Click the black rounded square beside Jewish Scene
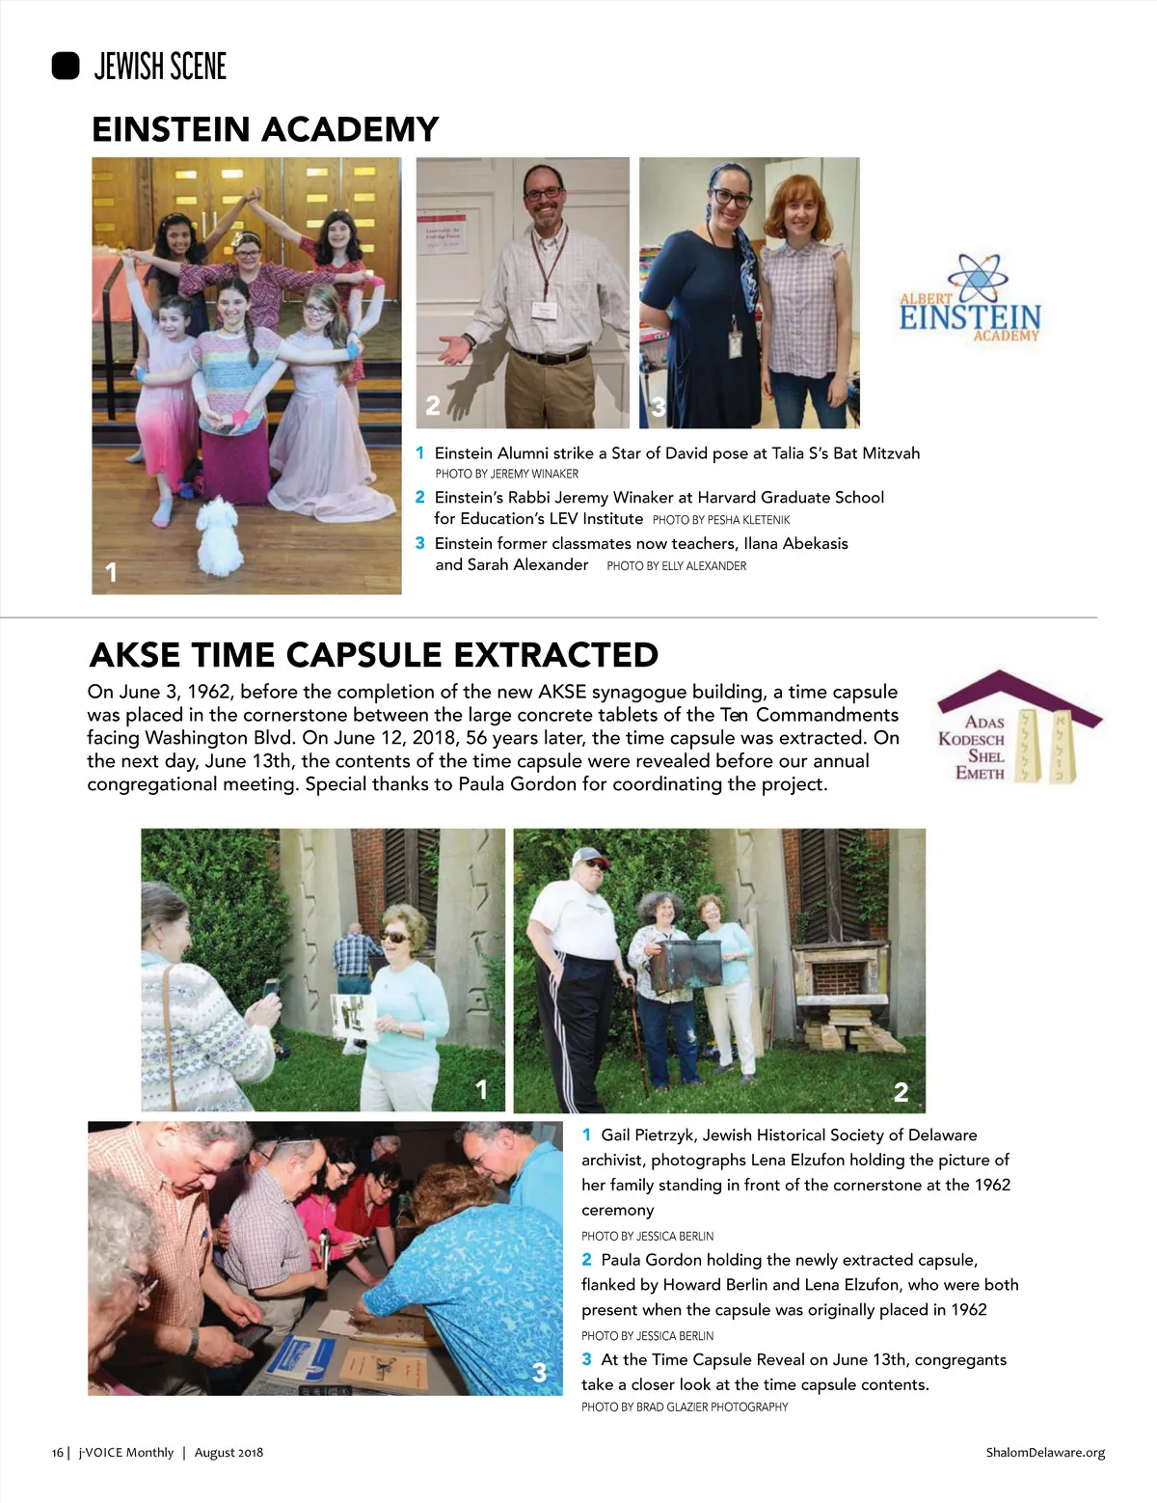tap(66, 66)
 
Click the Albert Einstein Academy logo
tap(970, 299)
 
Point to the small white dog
tap(221, 536)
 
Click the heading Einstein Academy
tap(265, 129)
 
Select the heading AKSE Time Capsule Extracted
tap(374, 655)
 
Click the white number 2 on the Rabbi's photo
tap(433, 406)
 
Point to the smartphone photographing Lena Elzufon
tap(271, 988)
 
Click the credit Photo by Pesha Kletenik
tap(721, 520)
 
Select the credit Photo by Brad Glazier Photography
tap(685, 1407)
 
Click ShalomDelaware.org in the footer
tap(1045, 1453)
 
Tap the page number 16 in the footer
tap(58, 1453)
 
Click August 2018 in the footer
tap(229, 1453)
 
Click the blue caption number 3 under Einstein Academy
tap(420, 543)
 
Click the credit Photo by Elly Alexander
tap(677, 566)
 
